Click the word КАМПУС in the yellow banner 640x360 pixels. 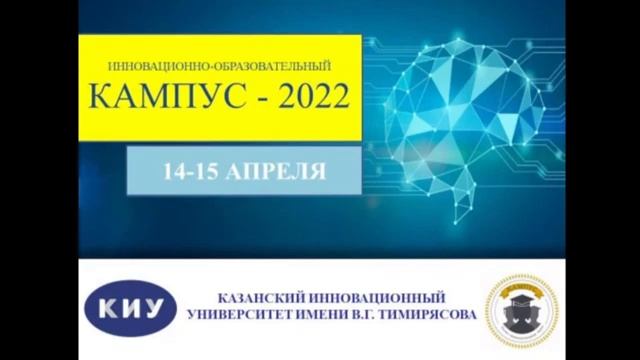pos(150,98)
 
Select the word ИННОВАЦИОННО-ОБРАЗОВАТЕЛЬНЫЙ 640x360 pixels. pos(217,65)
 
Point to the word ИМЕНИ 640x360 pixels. pos(329,315)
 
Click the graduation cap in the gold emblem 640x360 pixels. pos(521,298)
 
